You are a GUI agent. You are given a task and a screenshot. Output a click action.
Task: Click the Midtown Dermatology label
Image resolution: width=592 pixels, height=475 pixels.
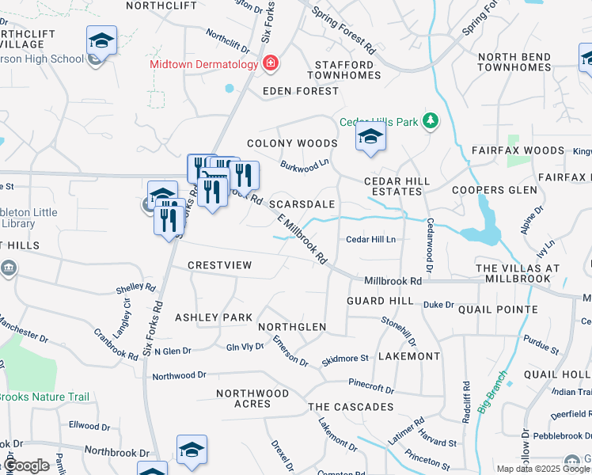[207, 63]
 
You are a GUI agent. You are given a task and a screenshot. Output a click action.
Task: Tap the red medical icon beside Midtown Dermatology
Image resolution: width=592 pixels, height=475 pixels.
[271, 62]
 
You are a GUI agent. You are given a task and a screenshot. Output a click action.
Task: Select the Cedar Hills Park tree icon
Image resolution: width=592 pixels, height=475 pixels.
[430, 121]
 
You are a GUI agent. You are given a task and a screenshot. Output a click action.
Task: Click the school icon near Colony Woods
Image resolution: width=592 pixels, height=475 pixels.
[370, 138]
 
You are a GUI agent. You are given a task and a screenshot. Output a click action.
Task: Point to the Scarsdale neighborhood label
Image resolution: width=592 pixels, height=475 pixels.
[302, 204]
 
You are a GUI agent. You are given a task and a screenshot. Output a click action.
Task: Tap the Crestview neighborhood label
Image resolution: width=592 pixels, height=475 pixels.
[220, 265]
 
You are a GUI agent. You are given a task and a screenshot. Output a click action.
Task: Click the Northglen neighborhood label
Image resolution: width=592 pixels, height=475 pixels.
[292, 327]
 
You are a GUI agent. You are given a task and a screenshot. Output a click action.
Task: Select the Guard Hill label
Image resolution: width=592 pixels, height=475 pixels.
[381, 302]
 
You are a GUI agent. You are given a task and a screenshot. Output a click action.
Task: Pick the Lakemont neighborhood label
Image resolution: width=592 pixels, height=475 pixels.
[408, 357]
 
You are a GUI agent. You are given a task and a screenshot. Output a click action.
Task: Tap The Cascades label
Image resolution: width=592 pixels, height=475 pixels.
[351, 407]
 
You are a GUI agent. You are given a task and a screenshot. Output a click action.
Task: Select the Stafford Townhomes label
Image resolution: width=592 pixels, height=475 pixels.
[343, 70]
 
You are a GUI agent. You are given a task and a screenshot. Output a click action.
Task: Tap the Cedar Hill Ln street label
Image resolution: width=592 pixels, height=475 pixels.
[370, 239]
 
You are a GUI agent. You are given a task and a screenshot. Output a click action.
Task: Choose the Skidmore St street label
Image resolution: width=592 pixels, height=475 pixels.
[346, 359]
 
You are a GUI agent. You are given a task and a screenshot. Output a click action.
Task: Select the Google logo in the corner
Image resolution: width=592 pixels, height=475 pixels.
[26, 465]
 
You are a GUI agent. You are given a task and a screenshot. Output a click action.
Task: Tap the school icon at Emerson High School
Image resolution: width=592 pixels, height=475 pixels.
[101, 40]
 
